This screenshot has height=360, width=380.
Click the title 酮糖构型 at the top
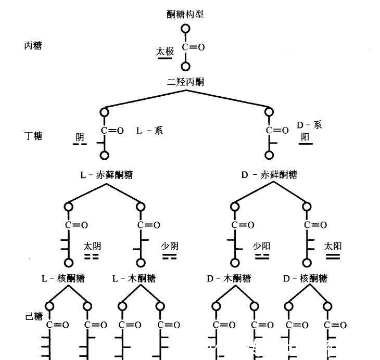[185, 15]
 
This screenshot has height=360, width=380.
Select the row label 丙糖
[33, 46]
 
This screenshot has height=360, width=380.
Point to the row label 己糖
[34, 316]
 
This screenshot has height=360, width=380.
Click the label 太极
[164, 51]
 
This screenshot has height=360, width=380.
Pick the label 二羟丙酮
[185, 82]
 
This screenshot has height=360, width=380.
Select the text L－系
[149, 131]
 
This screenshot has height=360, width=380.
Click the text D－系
[309, 125]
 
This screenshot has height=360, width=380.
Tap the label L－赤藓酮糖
[106, 175]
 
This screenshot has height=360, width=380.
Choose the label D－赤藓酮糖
[269, 175]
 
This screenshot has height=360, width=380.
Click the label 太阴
[92, 246]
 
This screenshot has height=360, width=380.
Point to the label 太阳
[332, 246]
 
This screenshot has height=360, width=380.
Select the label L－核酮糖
[64, 278]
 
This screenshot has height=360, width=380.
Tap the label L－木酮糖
[134, 278]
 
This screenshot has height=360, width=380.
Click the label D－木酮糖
[229, 278]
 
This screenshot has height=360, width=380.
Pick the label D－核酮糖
[305, 278]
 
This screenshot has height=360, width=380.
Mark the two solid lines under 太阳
[332, 256]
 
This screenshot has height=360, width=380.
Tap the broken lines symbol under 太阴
[92, 256]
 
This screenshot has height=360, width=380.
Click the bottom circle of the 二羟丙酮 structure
[185, 66]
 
